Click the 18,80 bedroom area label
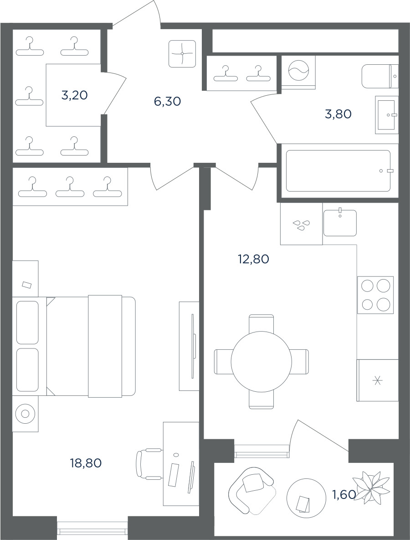[x=86, y=463]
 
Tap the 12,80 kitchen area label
[x=253, y=259]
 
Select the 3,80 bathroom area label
[x=338, y=114]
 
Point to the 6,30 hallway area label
[x=168, y=101]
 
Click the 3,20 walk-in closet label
[x=75, y=95]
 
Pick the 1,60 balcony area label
[x=344, y=494]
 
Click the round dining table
[x=261, y=362]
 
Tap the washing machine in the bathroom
[x=298, y=73]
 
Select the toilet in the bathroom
[x=380, y=76]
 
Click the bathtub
[x=338, y=171]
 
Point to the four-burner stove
[x=375, y=295]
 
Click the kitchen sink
[x=340, y=223]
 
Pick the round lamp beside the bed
[x=25, y=414]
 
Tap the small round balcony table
[x=306, y=498]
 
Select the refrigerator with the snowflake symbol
[x=378, y=380]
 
